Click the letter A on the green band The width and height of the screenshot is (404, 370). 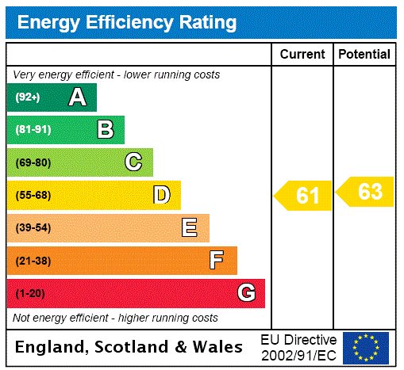coord(77,97)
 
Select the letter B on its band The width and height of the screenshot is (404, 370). coord(105,130)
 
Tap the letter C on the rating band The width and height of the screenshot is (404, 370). coord(133,162)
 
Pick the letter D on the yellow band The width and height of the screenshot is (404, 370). coord(161,195)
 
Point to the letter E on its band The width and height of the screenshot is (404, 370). coord(190,228)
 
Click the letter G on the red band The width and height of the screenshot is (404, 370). coord(246,293)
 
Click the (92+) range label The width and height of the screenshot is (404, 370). coord(28,97)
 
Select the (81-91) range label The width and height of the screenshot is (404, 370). coord(33,130)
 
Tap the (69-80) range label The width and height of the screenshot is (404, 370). coord(33,162)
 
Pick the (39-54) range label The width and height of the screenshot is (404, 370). coord(33,228)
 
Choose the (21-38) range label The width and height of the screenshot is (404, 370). coord(33,261)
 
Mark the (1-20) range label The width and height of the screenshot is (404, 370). coord(31,294)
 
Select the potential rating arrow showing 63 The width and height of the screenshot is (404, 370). coord(366,192)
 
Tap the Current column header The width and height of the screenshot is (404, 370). coord(302,55)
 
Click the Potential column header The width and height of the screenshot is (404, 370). coord(364,55)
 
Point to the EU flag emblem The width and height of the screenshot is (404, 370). coord(366,347)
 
